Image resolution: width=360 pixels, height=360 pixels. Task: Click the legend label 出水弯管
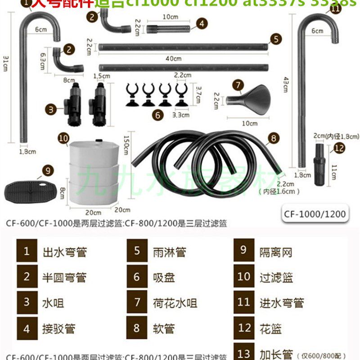click(64, 252)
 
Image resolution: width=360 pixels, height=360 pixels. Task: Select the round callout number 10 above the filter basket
click(63, 137)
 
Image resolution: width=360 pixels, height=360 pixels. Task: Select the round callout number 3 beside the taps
click(53, 108)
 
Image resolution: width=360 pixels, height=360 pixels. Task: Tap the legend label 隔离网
click(275, 252)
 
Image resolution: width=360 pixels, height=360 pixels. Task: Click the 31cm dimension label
click(6, 63)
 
